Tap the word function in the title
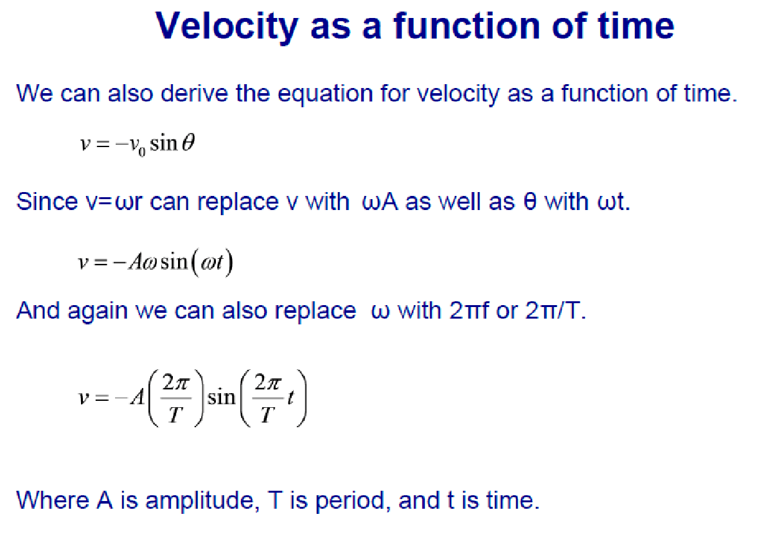(467, 25)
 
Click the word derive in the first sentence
(194, 93)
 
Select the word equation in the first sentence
(325, 94)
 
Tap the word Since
(47, 201)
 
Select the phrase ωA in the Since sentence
(380, 202)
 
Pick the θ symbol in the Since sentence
(530, 202)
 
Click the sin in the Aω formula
(174, 261)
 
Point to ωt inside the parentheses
(212, 262)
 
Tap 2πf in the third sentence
(469, 310)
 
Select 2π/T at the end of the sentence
(555, 310)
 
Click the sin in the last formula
(221, 396)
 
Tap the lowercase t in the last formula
(290, 397)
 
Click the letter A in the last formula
(138, 396)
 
